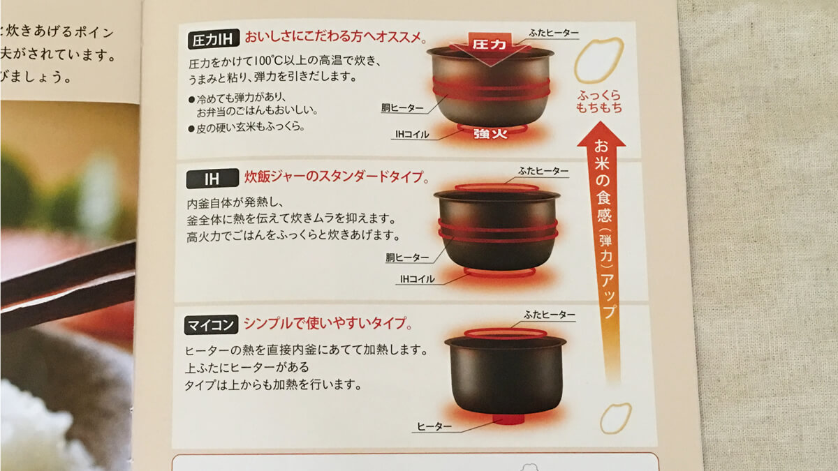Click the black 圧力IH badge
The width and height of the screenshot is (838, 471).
214,38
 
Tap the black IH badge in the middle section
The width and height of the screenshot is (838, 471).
211,179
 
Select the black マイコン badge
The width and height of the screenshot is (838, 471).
212,325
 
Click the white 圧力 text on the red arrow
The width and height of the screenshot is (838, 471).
489,43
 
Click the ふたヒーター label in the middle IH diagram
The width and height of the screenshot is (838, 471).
543,171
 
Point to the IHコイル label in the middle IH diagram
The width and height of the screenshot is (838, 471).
417,279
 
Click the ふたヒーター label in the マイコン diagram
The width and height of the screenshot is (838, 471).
550,315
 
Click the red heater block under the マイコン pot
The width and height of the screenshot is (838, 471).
508,419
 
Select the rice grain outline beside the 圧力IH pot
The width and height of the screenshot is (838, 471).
598,60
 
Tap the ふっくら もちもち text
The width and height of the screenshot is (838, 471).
599,102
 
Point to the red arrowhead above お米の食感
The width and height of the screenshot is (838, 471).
601,135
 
